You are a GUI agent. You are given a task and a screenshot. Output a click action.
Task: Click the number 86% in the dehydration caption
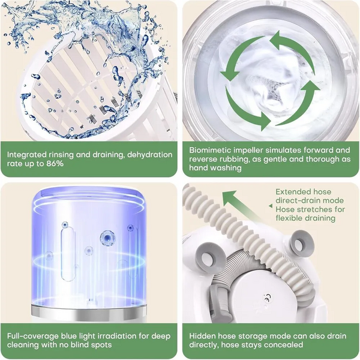click(x=55, y=164)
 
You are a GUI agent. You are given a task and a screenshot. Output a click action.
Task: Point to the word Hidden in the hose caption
click(x=202, y=336)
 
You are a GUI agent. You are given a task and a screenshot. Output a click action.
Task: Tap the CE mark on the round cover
click(x=268, y=298)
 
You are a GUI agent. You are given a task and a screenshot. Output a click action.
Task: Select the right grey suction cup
click(x=301, y=244)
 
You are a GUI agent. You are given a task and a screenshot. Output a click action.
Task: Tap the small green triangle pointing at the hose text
click(x=271, y=206)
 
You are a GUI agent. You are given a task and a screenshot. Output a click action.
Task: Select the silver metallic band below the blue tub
click(x=89, y=312)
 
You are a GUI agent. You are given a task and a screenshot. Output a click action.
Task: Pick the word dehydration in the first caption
click(x=149, y=155)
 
